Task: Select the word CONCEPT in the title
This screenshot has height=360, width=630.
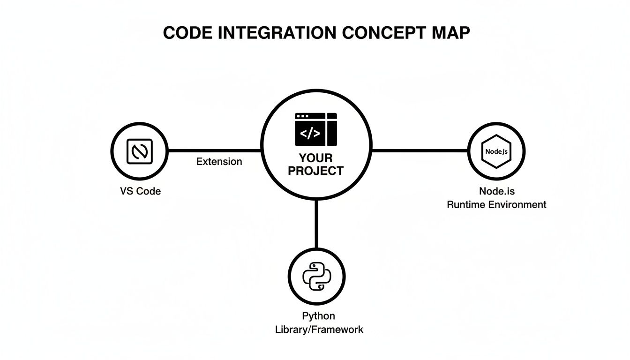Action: (382, 33)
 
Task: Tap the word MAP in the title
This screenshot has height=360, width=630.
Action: (450, 33)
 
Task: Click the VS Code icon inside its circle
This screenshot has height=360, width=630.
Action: (140, 151)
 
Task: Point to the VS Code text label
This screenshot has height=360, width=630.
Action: (140, 191)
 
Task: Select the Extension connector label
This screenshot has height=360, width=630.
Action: (219, 162)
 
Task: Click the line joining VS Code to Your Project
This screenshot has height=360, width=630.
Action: (214, 150)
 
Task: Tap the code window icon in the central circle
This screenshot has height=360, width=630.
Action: (316, 129)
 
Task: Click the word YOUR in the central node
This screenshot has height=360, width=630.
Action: (315, 158)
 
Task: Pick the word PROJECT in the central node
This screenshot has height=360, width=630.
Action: (315, 171)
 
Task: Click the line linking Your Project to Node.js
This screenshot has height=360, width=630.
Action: (420, 150)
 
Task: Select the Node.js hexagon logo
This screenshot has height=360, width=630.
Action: (496, 151)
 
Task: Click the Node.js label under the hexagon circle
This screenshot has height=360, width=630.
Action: (496, 191)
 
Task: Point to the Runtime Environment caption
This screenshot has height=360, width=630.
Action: (496, 204)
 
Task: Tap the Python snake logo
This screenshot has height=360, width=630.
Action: (316, 275)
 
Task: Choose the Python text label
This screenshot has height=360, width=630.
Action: (319, 316)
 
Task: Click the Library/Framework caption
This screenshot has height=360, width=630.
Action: (319, 330)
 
